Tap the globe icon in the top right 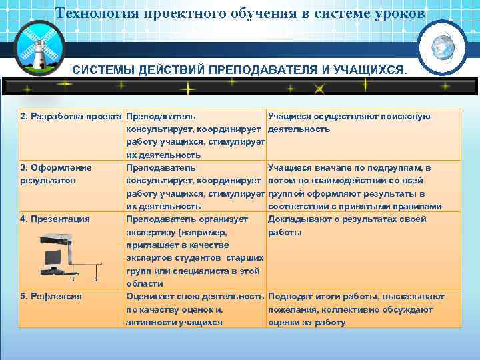[441, 48]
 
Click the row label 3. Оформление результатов [56, 173]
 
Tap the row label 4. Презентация [55, 219]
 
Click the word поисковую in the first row [409, 117]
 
